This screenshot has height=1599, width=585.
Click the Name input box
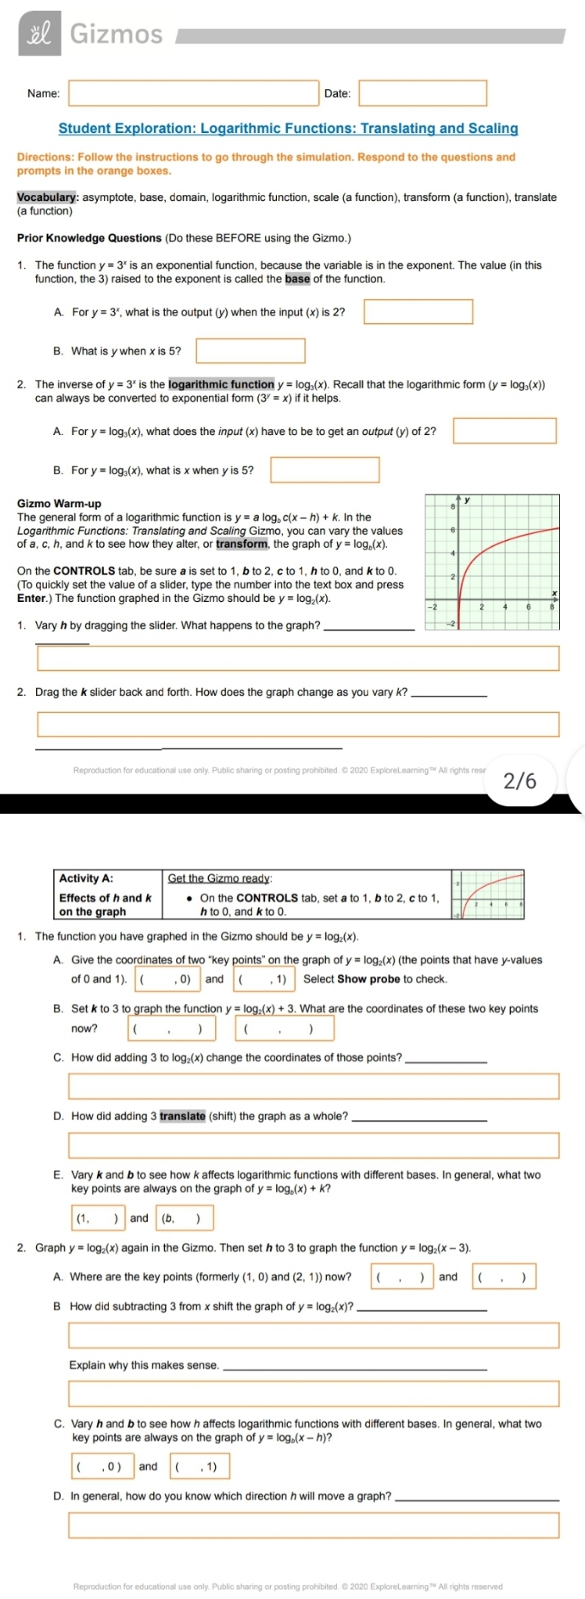[194, 93]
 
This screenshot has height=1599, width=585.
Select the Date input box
[422, 93]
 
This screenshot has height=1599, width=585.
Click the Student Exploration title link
[288, 128]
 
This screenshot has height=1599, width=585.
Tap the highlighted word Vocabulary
[46, 197]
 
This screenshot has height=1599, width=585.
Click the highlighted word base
[297, 279]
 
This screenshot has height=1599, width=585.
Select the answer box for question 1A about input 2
[418, 312]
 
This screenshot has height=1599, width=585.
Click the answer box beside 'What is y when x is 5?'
[250, 351]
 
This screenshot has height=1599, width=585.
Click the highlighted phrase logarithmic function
[221, 384]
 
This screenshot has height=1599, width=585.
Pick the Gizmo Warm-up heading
[59, 503]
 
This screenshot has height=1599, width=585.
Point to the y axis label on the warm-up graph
[468, 499]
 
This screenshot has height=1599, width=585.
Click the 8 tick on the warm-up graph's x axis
[552, 607]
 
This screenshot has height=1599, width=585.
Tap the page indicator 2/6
[520, 780]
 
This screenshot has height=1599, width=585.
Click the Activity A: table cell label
[86, 878]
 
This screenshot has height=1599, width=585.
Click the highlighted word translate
[182, 1116]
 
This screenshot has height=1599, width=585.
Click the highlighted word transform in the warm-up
[242, 544]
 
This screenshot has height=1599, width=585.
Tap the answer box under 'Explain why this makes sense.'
[314, 1393]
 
